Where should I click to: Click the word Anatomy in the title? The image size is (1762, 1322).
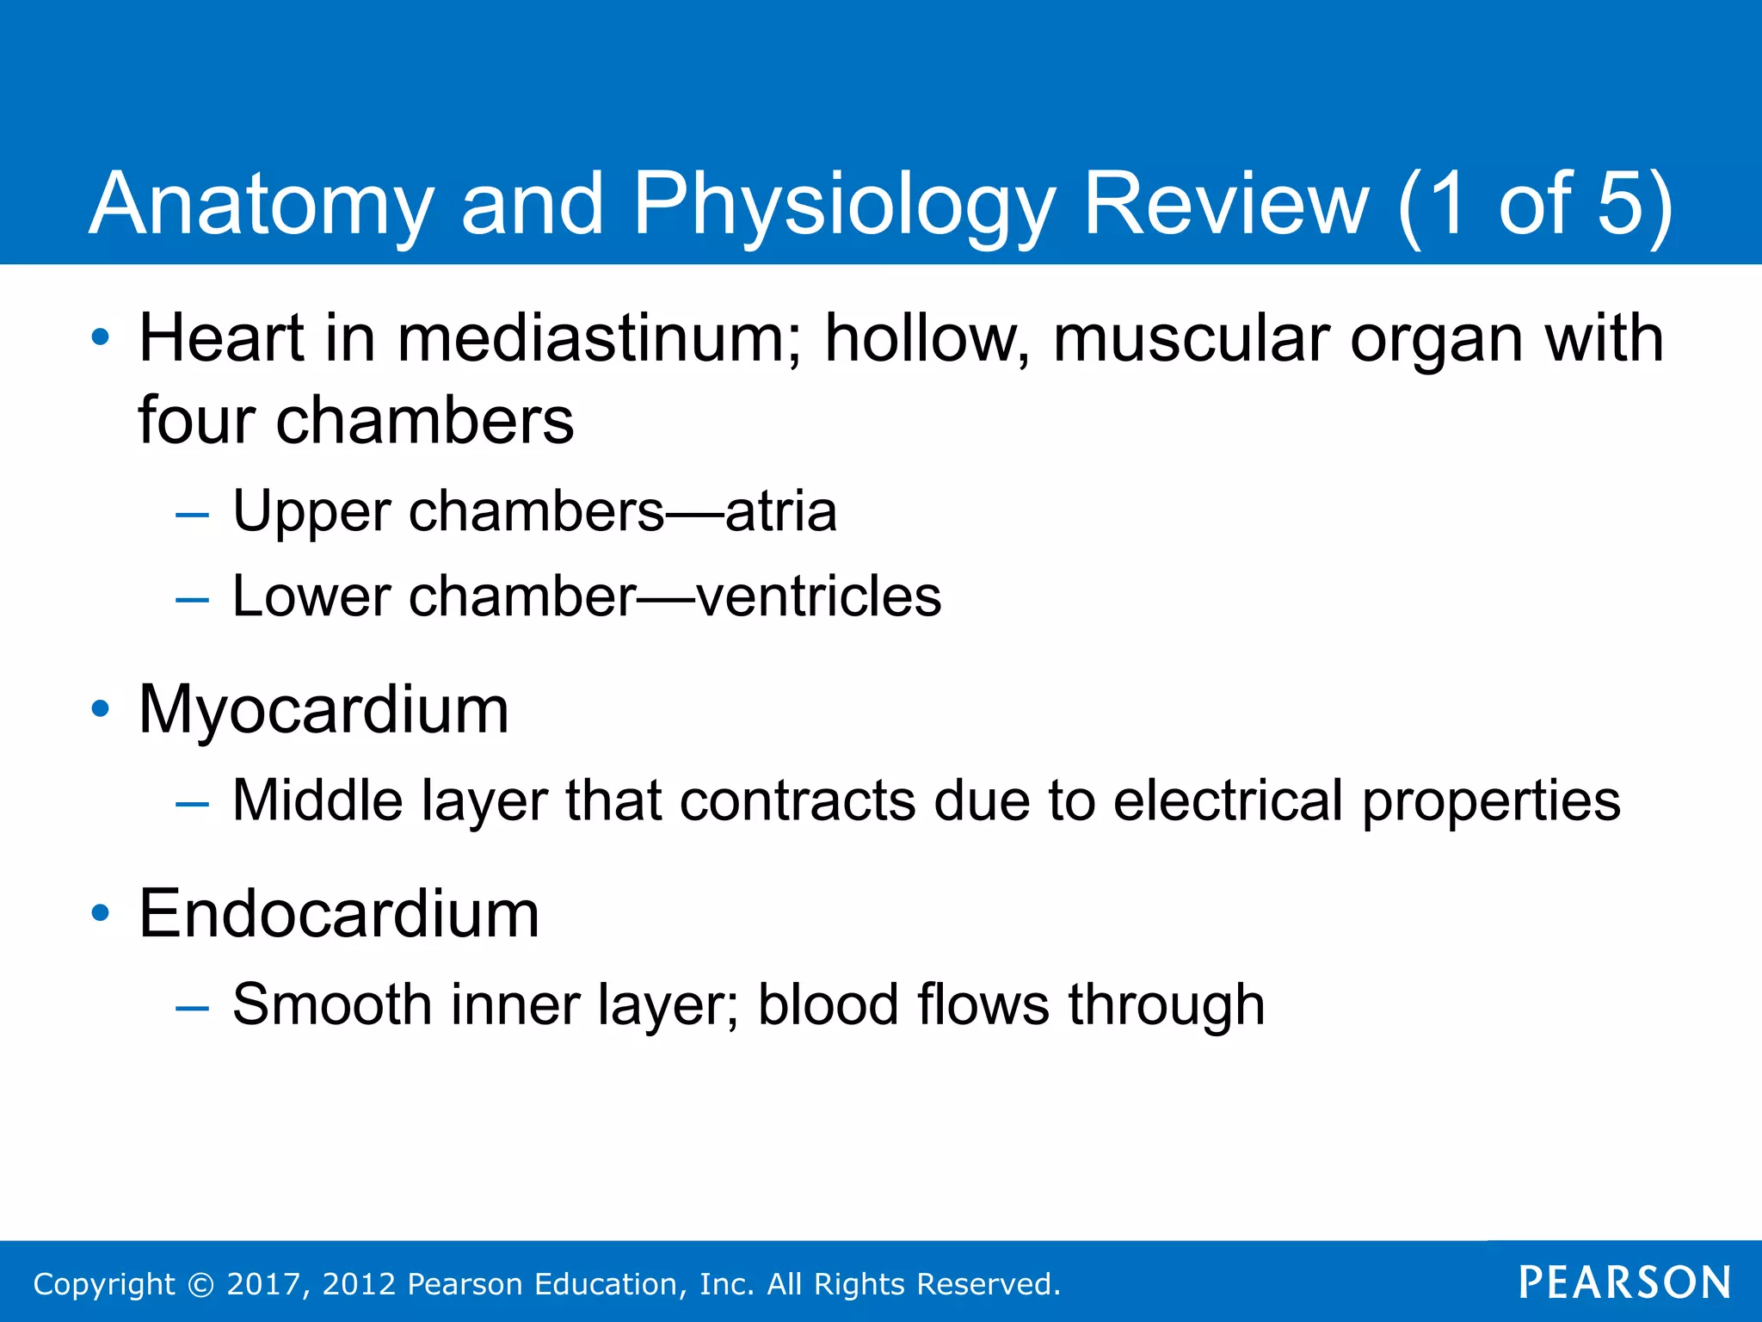pyautogui.click(x=261, y=205)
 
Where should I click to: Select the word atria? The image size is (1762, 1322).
pyautogui.click(x=781, y=511)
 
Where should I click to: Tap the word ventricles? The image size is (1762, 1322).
pyautogui.click(x=819, y=596)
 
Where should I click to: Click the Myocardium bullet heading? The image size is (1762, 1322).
pyautogui.click(x=324, y=710)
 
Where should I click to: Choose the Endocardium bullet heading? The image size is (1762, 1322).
pyautogui.click(x=339, y=914)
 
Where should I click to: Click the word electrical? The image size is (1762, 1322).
pyautogui.click(x=1229, y=800)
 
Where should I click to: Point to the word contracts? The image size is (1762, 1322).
pyautogui.click(x=798, y=800)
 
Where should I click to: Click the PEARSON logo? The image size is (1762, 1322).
pyautogui.click(x=1624, y=1282)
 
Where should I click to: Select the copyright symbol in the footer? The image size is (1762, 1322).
pyautogui.click(x=200, y=1284)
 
